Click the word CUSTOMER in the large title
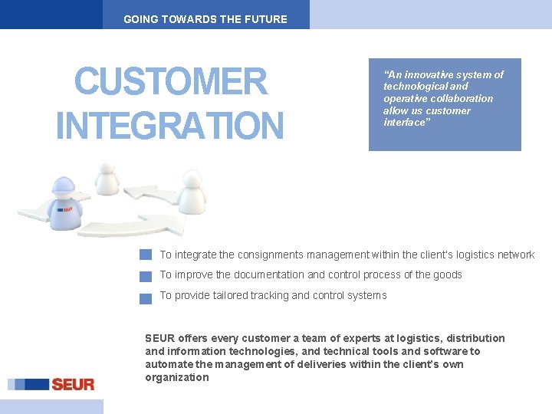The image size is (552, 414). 171,82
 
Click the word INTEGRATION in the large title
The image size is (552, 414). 169,126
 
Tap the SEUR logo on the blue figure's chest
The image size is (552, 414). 67,209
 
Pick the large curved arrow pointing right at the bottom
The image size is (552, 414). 146,225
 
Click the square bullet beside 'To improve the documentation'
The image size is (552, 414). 146,276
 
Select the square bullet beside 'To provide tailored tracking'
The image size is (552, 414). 146,297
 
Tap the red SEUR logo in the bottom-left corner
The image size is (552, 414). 72,384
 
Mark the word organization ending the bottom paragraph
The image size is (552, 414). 177,377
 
